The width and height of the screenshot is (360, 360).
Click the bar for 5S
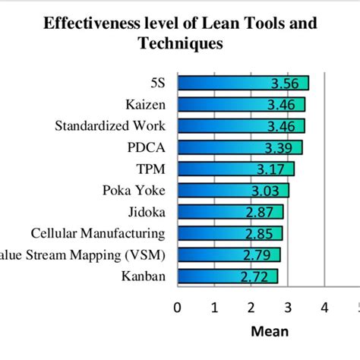(243, 83)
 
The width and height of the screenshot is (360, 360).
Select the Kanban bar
(228, 276)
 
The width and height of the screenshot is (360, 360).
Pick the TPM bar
(235, 169)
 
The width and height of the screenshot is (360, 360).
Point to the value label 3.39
(281, 147)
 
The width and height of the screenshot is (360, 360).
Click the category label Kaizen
(146, 104)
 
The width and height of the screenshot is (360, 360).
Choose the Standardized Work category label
(110, 125)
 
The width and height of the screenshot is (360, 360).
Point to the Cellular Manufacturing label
(98, 232)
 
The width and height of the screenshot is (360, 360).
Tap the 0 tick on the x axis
(178, 308)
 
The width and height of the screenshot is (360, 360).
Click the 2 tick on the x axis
(251, 308)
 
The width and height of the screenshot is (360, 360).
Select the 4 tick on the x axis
(324, 308)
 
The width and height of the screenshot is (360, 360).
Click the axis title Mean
(270, 332)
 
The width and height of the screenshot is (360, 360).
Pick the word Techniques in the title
(180, 44)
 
